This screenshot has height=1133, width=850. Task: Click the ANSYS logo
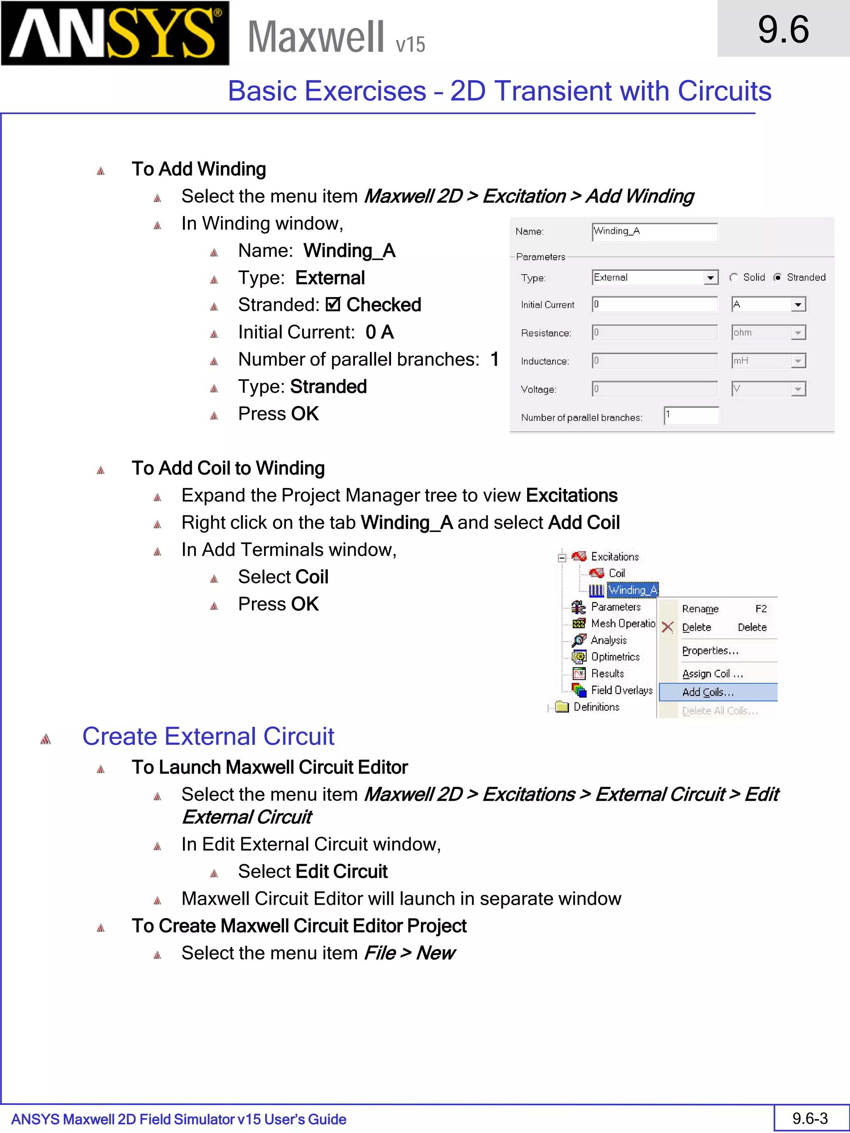[115, 33]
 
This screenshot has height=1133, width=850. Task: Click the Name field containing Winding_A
[654, 231]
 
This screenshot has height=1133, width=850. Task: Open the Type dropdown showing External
[710, 278]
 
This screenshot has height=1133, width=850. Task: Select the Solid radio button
[734, 278]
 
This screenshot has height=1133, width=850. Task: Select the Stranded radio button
[778, 278]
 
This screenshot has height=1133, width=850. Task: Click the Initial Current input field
[654, 304]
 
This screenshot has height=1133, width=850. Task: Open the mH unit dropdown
[797, 361]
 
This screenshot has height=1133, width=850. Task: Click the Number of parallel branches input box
[691, 415]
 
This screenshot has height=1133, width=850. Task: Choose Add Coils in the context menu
[708, 692]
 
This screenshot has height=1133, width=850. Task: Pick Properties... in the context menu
[710, 651]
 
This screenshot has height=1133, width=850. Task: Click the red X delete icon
[667, 627]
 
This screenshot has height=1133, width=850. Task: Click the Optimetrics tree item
[615, 657]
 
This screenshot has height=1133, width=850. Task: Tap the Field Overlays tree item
[621, 690]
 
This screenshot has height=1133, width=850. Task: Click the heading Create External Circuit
[208, 736]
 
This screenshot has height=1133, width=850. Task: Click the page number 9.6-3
[810, 1118]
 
